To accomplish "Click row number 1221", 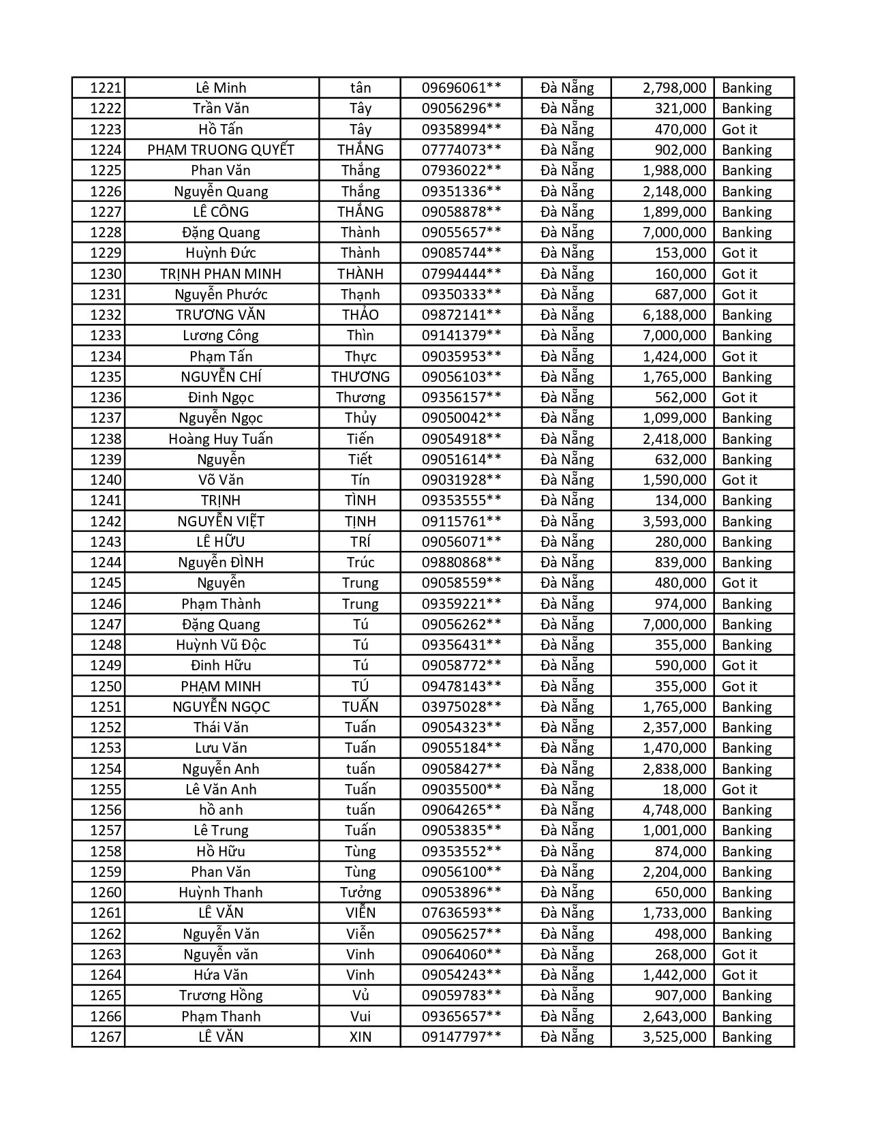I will (105, 88).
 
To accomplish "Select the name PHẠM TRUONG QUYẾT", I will (221, 150).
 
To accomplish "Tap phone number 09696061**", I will (461, 88).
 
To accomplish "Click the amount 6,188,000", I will (674, 315).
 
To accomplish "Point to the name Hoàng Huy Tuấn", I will (221, 439).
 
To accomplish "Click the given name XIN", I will (360, 1037).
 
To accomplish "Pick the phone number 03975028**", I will (461, 707).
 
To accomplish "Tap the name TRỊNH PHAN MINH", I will (221, 274).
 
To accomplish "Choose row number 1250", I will (105, 687).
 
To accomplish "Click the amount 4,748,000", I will (674, 810).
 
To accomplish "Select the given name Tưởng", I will (360, 892).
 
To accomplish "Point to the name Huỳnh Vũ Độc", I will (221, 645).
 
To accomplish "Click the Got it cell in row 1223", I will (740, 130).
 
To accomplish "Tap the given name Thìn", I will (360, 335).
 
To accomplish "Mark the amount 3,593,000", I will (674, 522).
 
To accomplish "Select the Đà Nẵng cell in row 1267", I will (567, 1037).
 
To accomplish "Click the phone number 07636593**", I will (461, 913).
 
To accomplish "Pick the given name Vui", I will (360, 1017).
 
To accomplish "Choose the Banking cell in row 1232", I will (746, 315).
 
